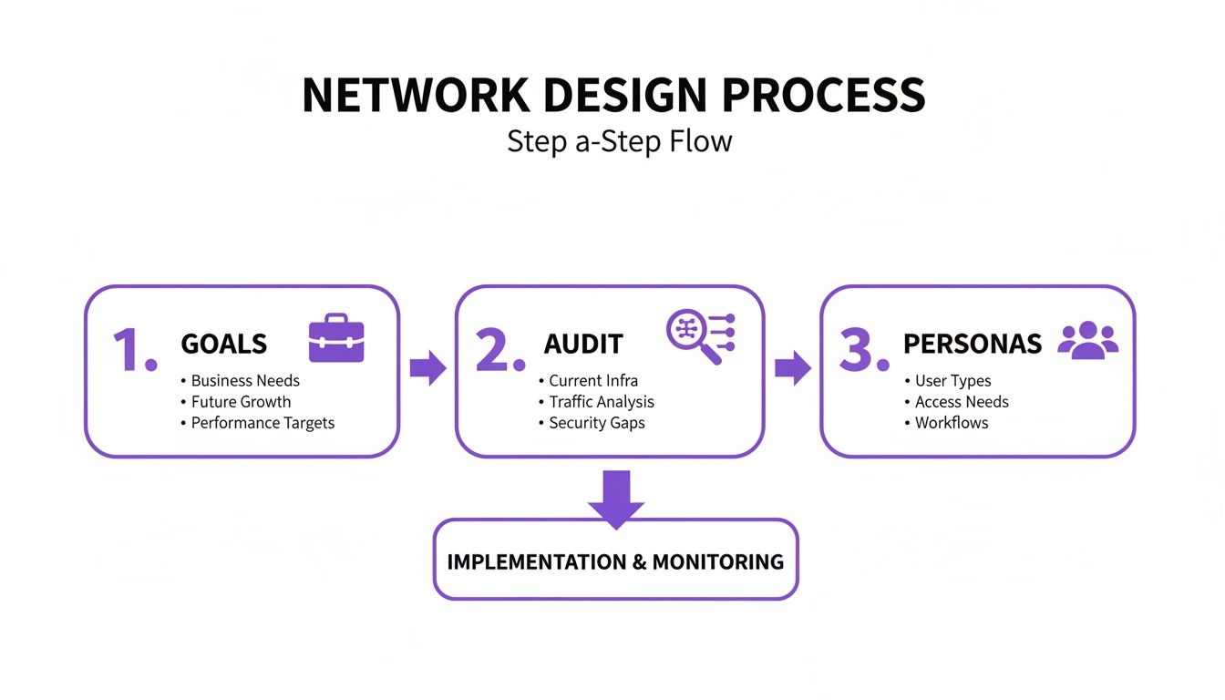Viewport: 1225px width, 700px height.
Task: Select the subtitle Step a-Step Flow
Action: coord(619,141)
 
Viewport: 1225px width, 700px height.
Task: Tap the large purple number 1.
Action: coord(134,350)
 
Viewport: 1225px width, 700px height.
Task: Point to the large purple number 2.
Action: coord(499,350)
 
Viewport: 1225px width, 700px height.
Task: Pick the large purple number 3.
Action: coord(862,350)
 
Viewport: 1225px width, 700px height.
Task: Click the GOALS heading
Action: coord(224,345)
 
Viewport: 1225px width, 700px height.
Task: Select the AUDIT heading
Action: coord(583,345)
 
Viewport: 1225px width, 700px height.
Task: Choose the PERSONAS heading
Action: coord(972,345)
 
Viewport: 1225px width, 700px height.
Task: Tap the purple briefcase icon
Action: coord(336,338)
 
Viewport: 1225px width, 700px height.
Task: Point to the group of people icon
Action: coord(1087,339)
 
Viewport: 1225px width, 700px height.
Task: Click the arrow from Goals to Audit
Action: coord(427,368)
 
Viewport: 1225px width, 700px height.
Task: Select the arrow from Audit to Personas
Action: coord(792,368)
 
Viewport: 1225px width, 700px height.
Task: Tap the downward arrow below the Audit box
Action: coord(615,498)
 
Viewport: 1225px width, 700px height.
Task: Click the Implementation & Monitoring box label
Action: coord(615,561)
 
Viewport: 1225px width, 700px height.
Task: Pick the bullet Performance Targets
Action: coord(262,423)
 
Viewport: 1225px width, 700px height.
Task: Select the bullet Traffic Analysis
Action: coord(602,402)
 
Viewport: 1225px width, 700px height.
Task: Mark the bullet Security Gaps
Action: coord(597,423)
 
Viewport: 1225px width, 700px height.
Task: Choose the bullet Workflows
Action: coord(952,423)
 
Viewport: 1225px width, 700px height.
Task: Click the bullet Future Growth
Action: coord(241,402)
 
